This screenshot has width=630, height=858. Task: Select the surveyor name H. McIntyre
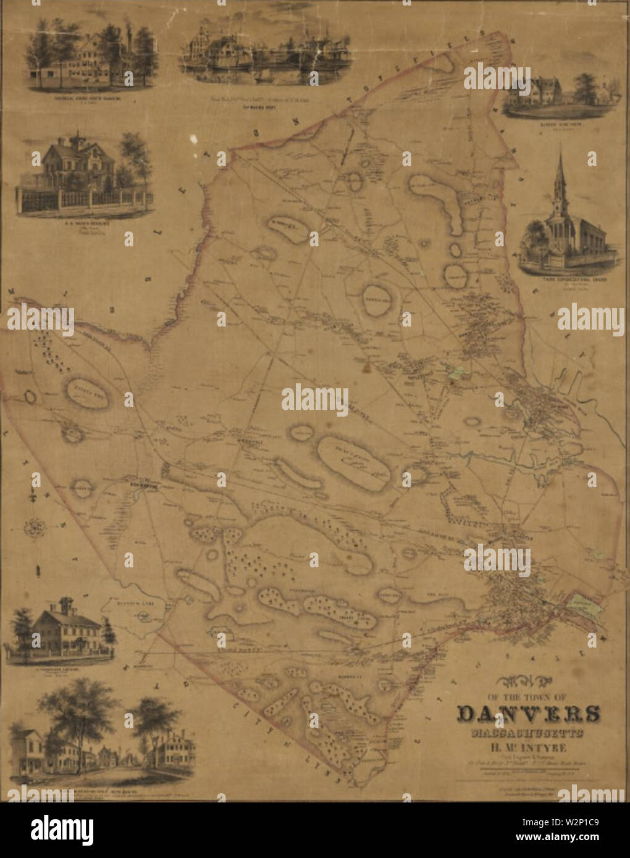coord(529,749)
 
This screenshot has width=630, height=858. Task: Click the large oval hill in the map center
coord(354,464)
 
